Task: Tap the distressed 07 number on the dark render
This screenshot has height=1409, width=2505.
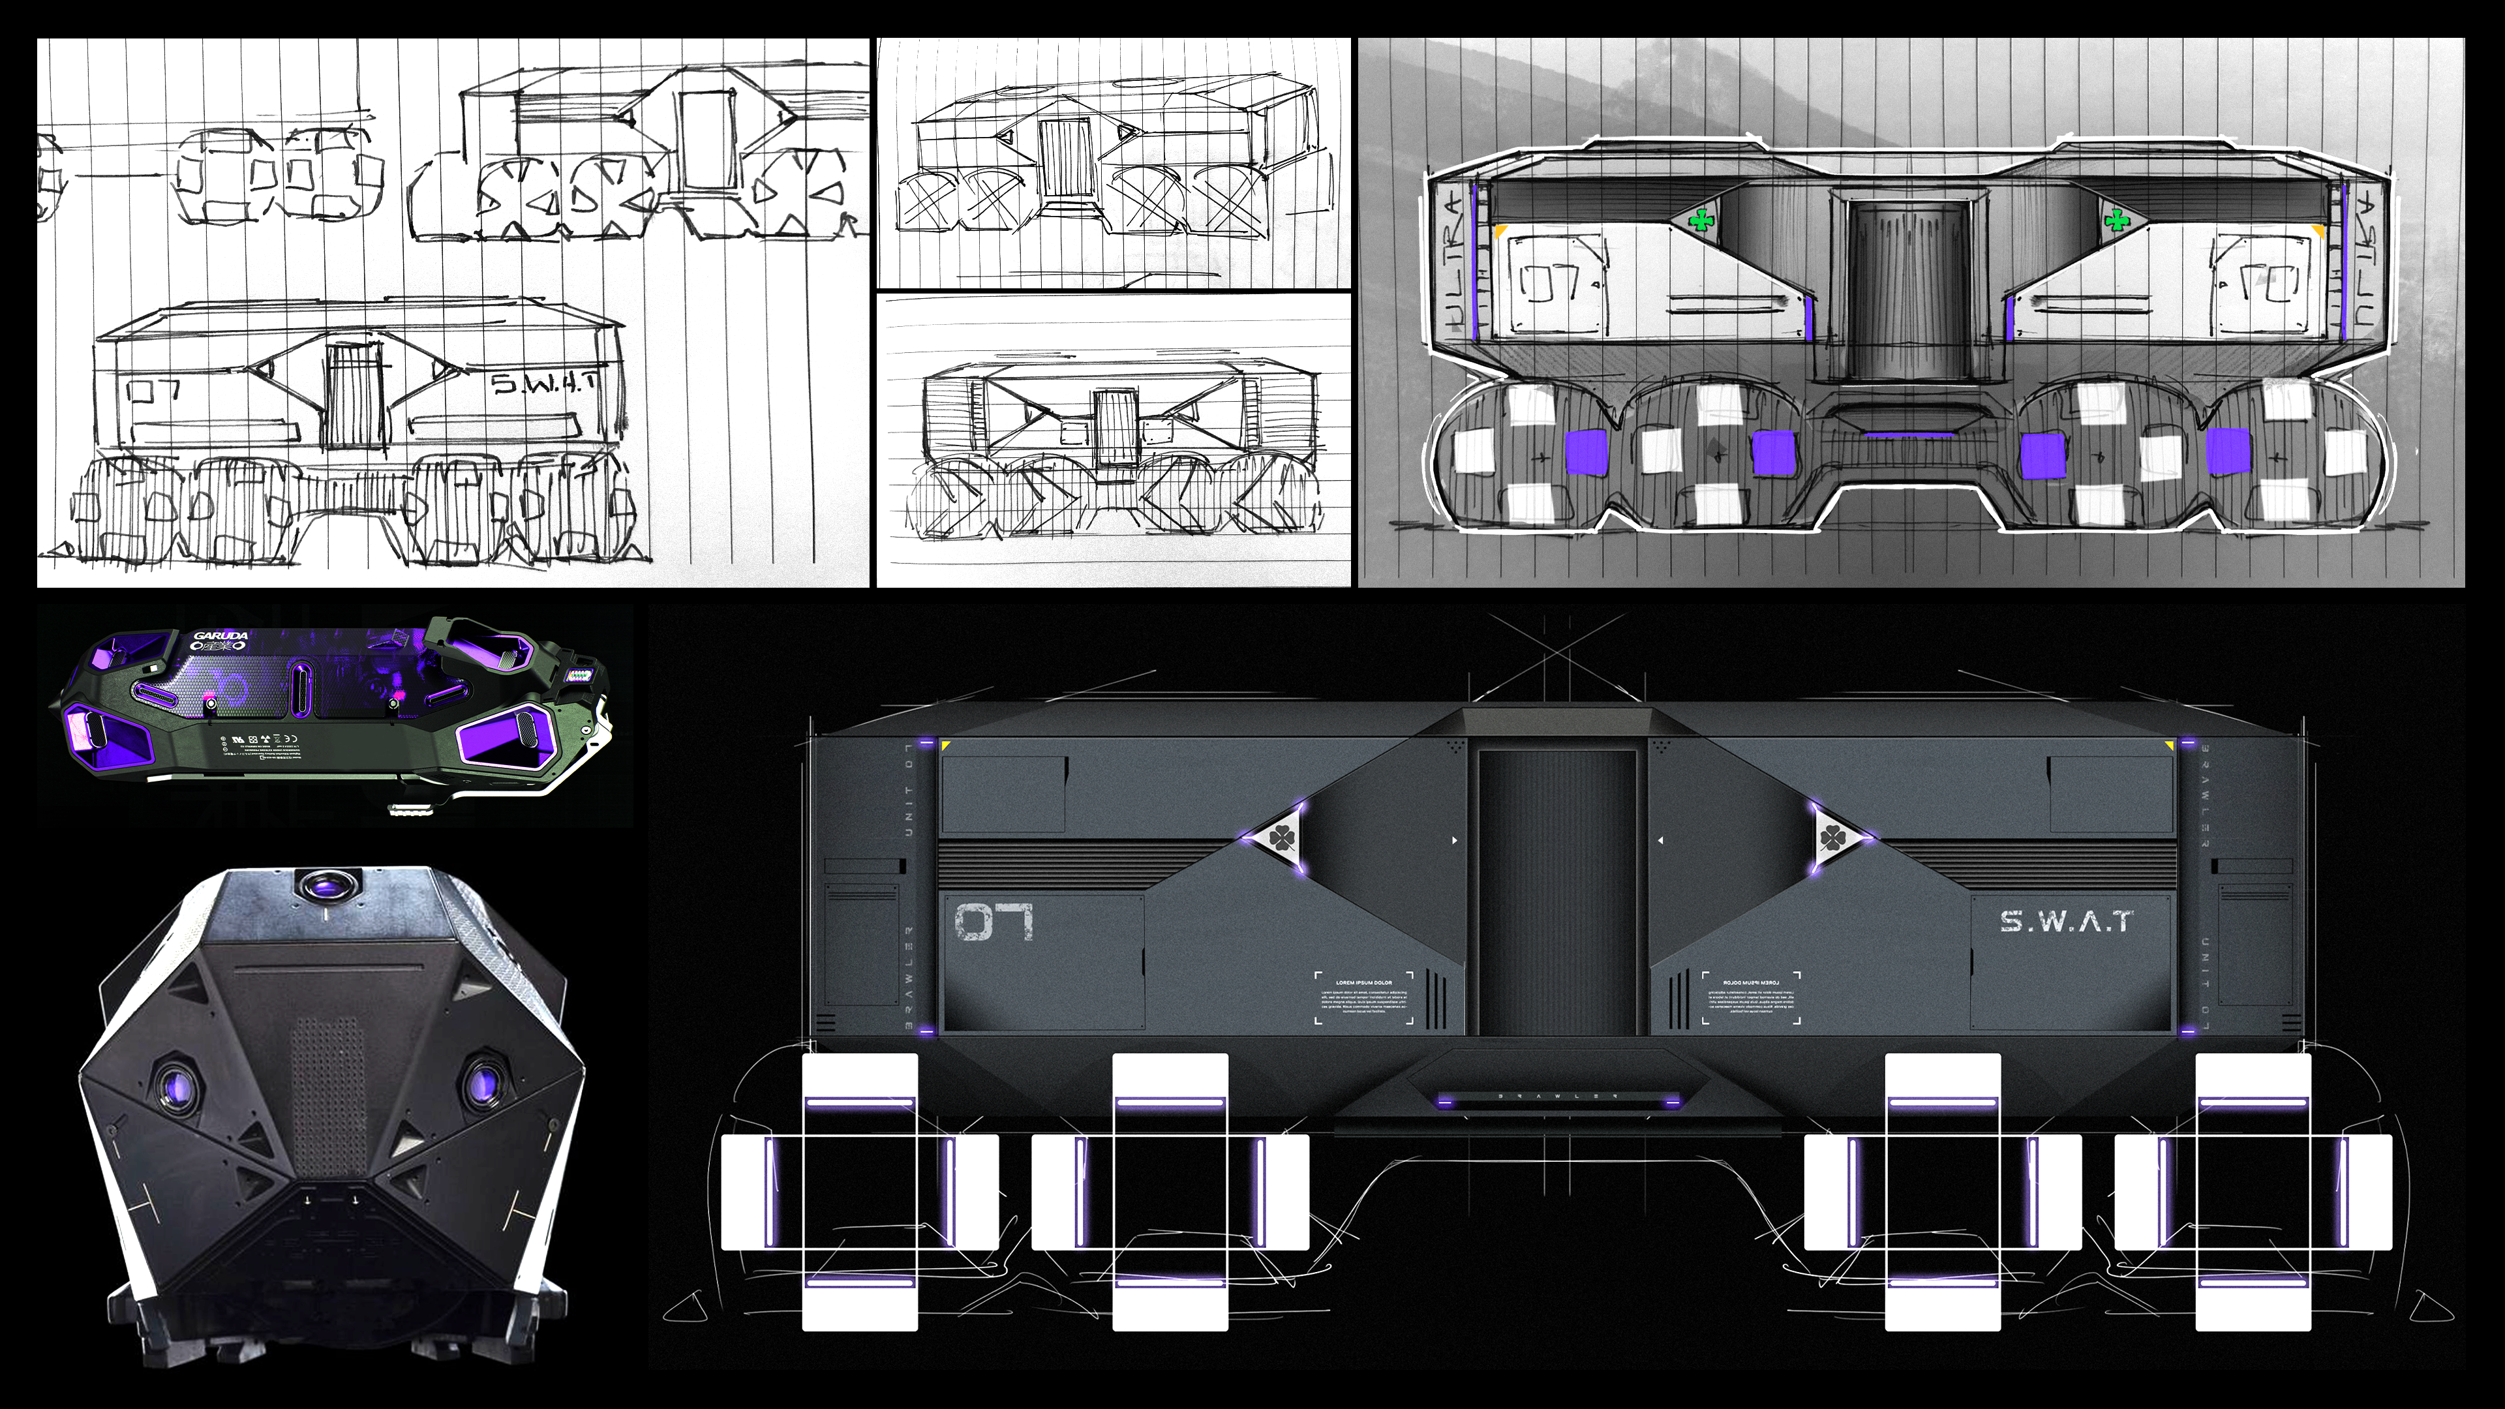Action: [993, 922]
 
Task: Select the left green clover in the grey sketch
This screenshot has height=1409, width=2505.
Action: [1701, 222]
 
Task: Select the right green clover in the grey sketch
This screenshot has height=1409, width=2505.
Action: [2114, 222]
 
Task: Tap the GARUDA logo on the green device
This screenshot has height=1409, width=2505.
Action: [220, 636]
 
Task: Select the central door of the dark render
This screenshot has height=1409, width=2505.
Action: [1558, 890]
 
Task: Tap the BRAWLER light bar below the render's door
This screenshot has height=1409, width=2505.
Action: [1558, 1100]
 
